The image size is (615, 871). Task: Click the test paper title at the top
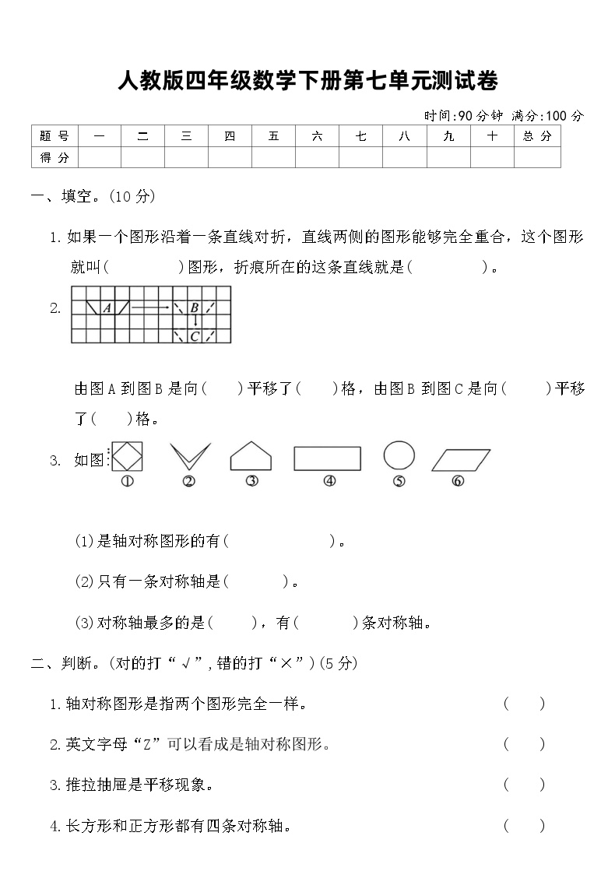tap(307, 80)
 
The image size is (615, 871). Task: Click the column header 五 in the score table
tap(273, 136)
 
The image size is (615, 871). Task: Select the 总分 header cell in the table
tap(537, 136)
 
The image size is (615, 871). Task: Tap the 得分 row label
tap(54, 158)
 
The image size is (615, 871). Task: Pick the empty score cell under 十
tap(492, 158)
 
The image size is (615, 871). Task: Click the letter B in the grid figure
tap(195, 307)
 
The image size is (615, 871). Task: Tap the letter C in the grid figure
tap(195, 336)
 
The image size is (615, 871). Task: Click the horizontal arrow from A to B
tap(150, 308)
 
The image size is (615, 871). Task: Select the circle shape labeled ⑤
tap(399, 456)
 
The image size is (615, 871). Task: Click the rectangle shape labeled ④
tap(327, 458)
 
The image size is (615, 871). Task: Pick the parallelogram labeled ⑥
tap(460, 459)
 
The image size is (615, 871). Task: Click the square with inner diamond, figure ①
tap(126, 457)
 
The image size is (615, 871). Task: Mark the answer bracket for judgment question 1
tap(524, 704)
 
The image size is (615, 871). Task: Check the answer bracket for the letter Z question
tap(524, 745)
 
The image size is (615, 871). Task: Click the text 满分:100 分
tap(547, 116)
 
